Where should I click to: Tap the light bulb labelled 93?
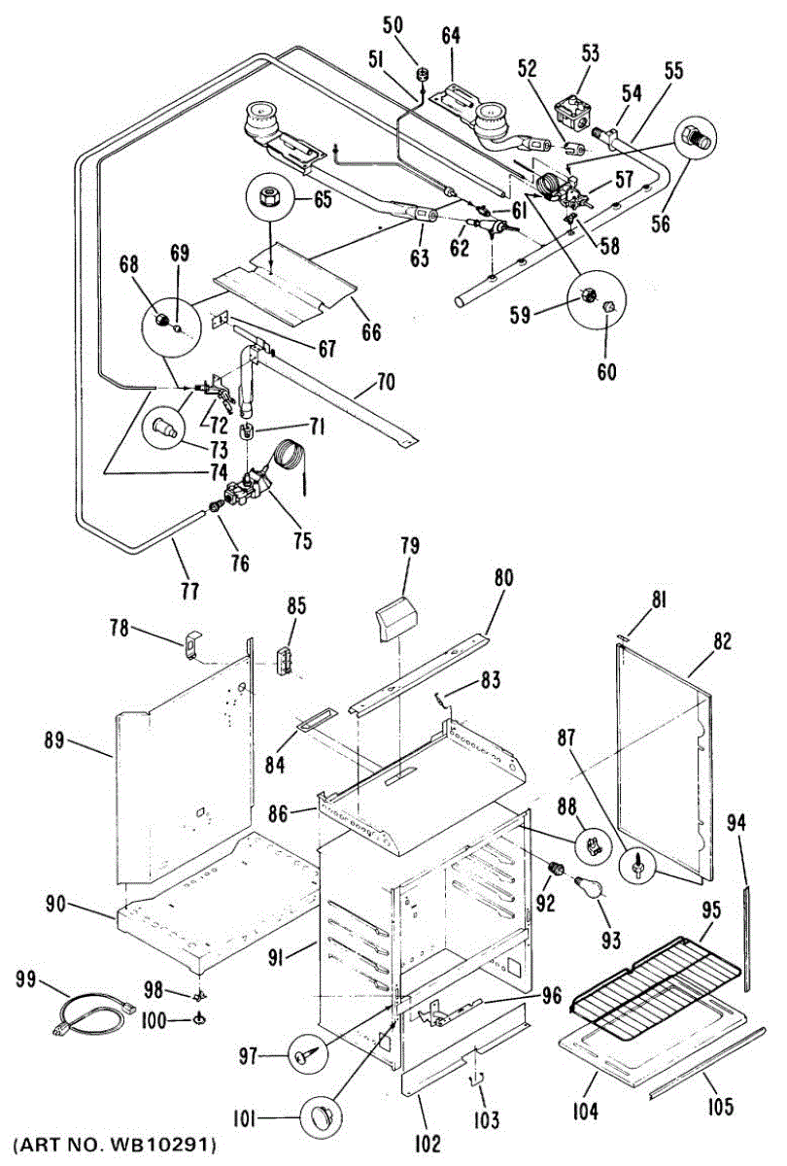pos(589,885)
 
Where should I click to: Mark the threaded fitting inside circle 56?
pos(697,136)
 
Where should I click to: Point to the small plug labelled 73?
pos(162,426)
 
